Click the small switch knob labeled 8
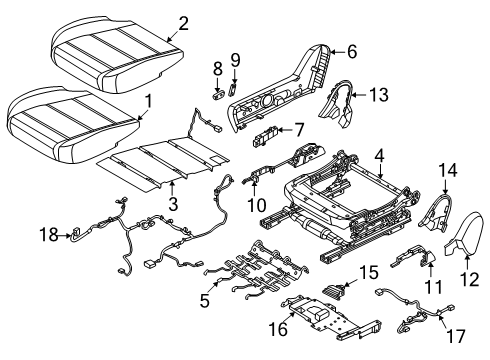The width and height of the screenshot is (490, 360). click(x=217, y=68)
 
